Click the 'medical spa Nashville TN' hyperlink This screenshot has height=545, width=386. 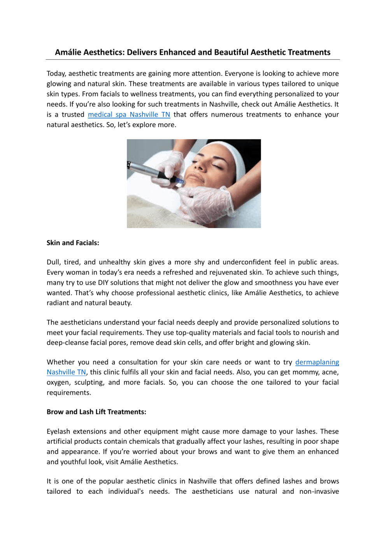click(129, 115)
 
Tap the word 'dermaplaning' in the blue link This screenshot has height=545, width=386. click(317, 362)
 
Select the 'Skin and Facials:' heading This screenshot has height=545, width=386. click(73, 243)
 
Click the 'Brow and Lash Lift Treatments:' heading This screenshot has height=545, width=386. click(96, 412)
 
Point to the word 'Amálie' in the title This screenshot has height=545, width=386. click(68, 52)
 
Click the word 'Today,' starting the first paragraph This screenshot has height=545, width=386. click(56, 74)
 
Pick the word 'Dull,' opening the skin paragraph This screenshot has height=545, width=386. click(54, 262)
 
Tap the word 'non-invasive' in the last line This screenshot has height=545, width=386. click(319, 491)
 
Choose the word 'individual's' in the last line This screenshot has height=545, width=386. click(126, 491)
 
